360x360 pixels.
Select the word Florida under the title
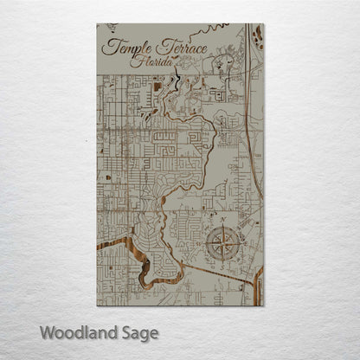(x=148, y=62)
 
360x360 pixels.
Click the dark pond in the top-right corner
(x=258, y=35)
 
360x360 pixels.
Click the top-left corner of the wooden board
(x=97, y=24)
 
